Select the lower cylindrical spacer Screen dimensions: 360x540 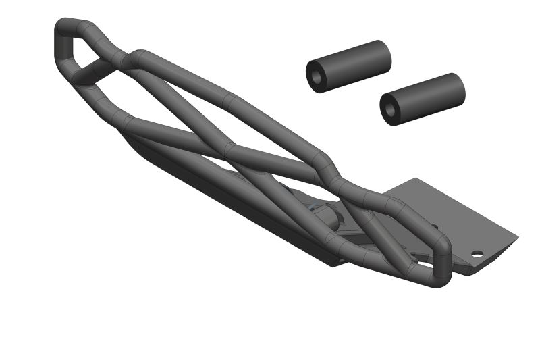coord(428,97)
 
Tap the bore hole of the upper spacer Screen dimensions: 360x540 coord(316,76)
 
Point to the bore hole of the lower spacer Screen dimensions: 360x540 coord(390,110)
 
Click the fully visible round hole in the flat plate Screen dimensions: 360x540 coord(477,255)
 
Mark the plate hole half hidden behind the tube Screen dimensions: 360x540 coord(434,228)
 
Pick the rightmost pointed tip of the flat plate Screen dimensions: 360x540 coord(517,237)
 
